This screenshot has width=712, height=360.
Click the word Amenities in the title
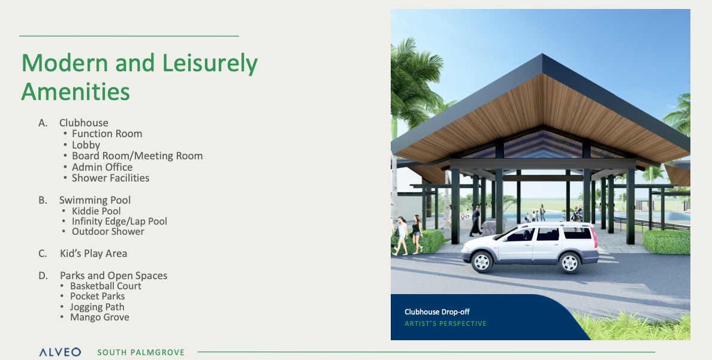click(76, 91)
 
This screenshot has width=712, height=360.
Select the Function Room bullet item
click(107, 134)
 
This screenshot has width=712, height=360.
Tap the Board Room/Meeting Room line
click(137, 156)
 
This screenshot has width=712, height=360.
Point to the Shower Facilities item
click(110, 178)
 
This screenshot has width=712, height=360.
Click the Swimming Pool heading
click(95, 200)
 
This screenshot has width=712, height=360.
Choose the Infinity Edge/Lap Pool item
click(119, 222)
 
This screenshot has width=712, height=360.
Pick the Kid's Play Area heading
click(93, 253)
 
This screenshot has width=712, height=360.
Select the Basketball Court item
click(106, 286)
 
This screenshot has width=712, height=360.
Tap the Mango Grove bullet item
click(99, 317)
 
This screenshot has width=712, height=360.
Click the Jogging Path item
click(97, 307)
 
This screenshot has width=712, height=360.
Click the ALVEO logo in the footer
click(60, 352)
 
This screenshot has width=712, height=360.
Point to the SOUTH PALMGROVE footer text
click(141, 352)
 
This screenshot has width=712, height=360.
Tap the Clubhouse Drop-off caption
click(437, 312)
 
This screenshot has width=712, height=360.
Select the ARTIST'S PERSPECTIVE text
click(445, 323)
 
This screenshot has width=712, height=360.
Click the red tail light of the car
click(593, 237)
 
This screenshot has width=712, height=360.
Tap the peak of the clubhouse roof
click(542, 55)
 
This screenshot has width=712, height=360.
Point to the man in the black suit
click(475, 220)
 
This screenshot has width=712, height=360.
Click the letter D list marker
click(43, 276)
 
